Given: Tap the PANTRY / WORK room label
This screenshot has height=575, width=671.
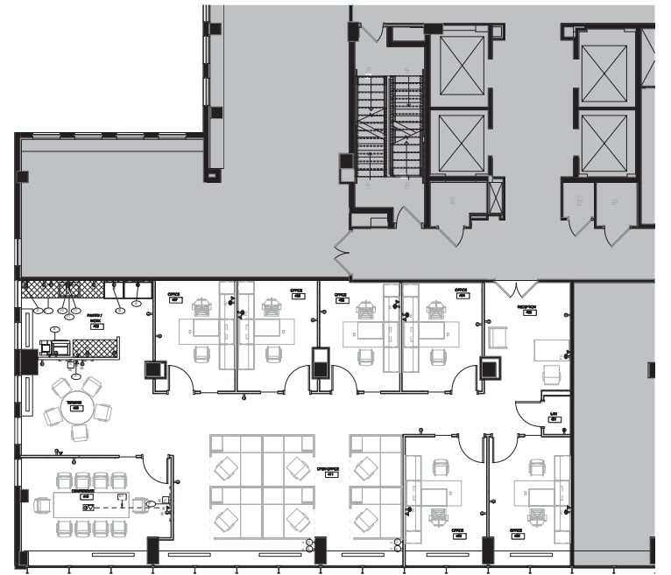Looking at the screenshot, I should point(95,319).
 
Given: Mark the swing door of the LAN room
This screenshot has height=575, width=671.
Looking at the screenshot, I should point(529,410).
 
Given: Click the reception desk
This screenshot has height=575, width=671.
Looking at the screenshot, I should point(553,348).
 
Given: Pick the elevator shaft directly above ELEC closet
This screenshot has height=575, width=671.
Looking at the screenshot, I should point(604,143).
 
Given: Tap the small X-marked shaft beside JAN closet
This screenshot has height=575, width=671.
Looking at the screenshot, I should point(496,195).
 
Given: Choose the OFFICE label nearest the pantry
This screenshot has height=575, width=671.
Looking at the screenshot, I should point(174,298).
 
